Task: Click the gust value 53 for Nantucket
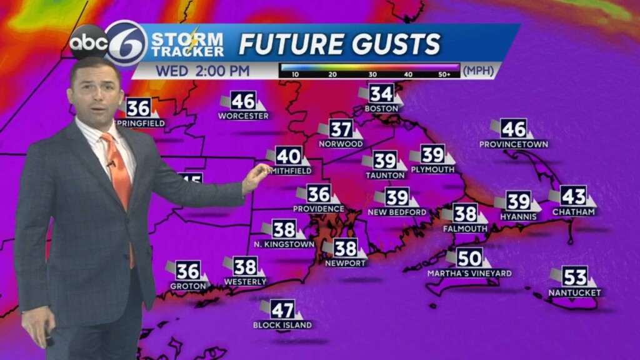[575, 277]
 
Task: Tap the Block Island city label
[282, 325]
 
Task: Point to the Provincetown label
[513, 144]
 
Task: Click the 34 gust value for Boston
[381, 94]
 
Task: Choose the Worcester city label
[243, 116]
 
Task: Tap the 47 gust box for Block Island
[282, 309]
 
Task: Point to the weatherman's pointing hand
[256, 176]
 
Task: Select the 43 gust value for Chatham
[573, 196]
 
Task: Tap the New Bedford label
[397, 212]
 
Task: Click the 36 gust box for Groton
[187, 271]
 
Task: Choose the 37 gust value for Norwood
[341, 129]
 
